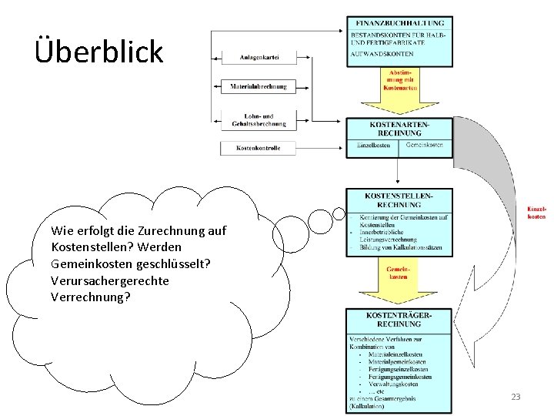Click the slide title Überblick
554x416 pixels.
tap(99, 52)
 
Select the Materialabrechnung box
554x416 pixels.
tap(258, 87)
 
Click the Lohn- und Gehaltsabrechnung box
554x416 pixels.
tap(258, 119)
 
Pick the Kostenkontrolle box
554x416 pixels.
tap(258, 147)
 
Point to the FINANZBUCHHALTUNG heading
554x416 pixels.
tap(399, 24)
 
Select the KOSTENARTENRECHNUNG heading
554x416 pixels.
tap(399, 129)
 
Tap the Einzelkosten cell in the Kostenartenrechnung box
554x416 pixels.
tap(374, 145)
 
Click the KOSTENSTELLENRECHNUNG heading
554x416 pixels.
tap(399, 200)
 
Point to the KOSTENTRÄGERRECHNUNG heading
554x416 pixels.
tap(399, 320)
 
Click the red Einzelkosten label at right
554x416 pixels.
tap(536, 212)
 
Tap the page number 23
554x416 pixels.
tap(516, 397)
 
